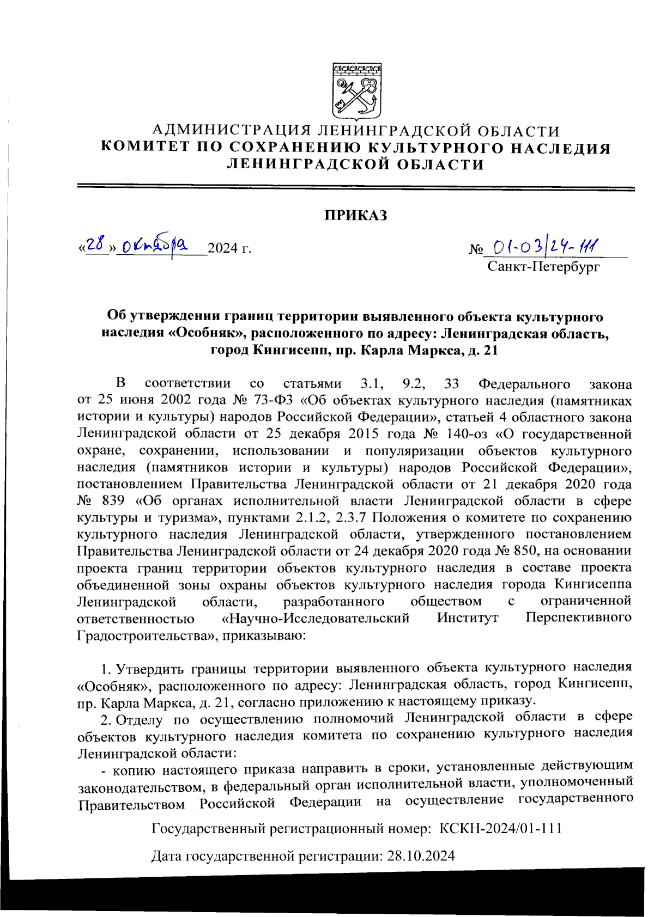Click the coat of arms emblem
click(356, 91)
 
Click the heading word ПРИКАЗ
click(356, 215)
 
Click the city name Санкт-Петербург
click(543, 266)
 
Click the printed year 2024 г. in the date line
click(229, 248)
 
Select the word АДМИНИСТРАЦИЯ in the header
click(232, 131)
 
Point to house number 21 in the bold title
click(489, 350)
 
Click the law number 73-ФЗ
click(274, 401)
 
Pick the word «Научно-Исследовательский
click(316, 618)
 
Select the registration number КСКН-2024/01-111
click(500, 829)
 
